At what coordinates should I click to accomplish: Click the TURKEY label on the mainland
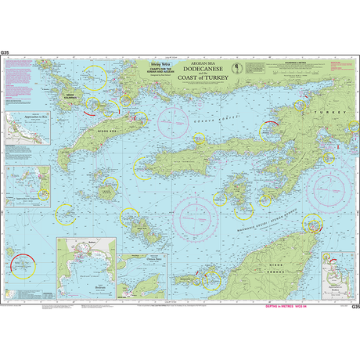tap(322, 113)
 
